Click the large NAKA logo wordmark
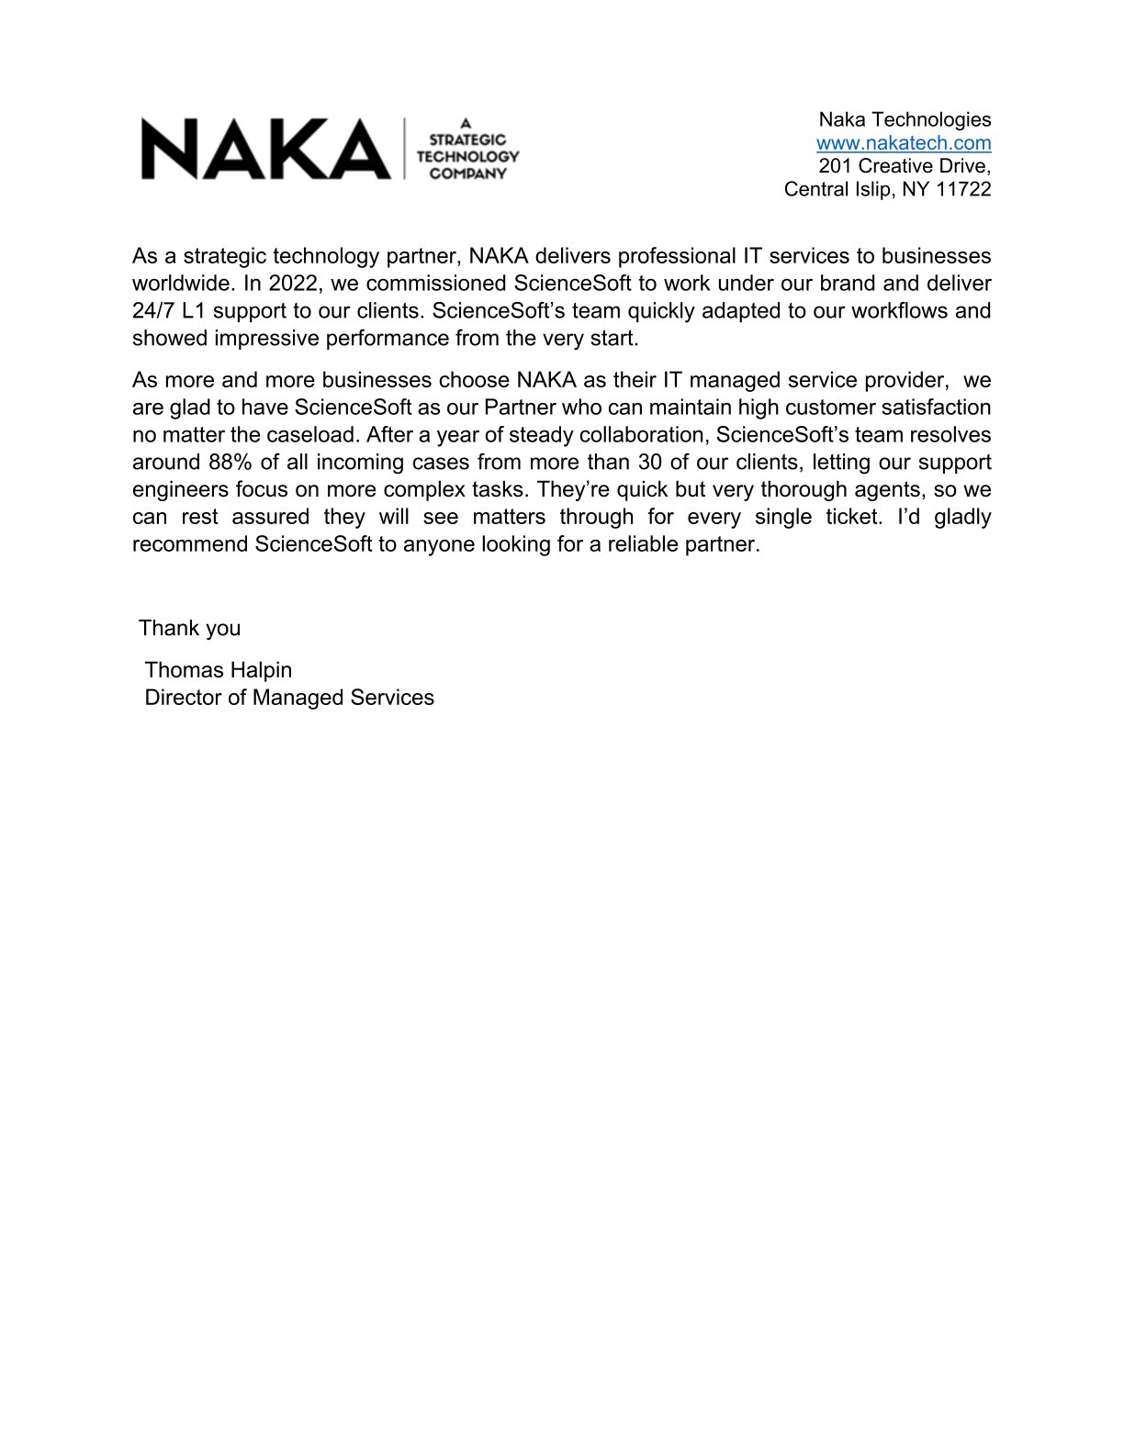[x=265, y=149]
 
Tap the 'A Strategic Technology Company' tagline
[x=467, y=149]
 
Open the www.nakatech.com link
[x=904, y=143]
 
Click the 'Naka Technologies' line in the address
[x=905, y=119]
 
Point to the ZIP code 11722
[x=963, y=189]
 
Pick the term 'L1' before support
[x=195, y=310]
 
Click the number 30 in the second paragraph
[x=650, y=462]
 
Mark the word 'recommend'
[x=190, y=544]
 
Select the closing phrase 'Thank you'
[x=190, y=629]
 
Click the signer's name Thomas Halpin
[x=219, y=670]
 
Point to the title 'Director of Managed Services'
[x=289, y=698]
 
